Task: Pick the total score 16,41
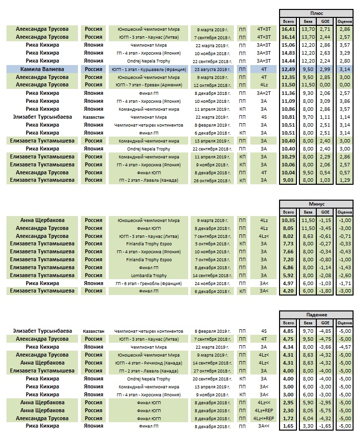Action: coord(288,29)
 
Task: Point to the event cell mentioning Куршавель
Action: coord(148,69)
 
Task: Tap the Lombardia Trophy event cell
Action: coord(148,276)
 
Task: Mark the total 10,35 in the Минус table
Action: coord(288,220)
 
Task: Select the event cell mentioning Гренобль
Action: coord(148,284)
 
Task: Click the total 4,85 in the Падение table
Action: coord(288,331)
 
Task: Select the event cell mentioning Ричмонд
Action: coord(148,363)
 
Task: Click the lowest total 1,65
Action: coord(288,426)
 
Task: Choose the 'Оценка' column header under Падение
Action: coord(344,323)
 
